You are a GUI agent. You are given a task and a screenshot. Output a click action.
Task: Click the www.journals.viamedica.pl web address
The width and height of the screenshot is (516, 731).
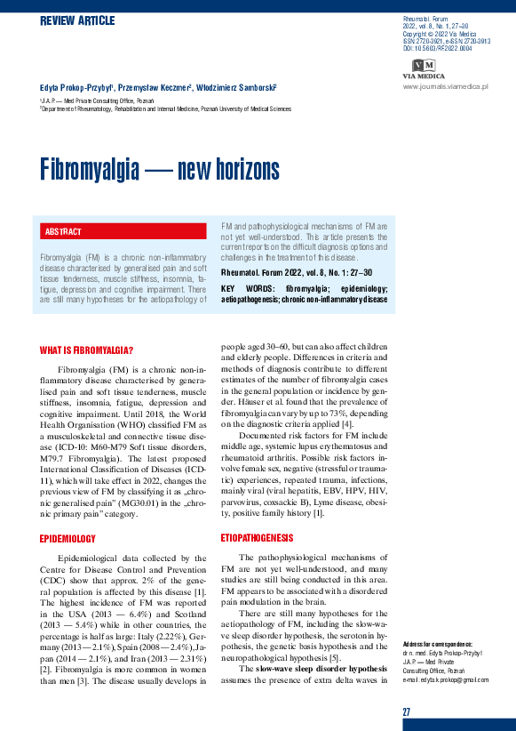(x=446, y=86)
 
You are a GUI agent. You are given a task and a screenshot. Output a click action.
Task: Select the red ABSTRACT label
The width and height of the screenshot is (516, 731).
(x=62, y=232)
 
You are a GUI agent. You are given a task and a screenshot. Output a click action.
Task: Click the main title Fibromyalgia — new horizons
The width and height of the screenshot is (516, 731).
(x=159, y=170)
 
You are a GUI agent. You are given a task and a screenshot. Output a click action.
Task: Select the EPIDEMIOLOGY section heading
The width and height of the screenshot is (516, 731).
(x=68, y=539)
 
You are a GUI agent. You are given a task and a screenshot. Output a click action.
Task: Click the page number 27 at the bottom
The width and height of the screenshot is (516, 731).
(x=406, y=712)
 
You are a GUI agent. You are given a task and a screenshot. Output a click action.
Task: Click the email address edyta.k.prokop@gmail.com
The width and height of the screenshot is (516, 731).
(x=445, y=679)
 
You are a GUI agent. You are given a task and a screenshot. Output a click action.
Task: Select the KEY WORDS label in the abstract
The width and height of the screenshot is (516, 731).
(x=240, y=289)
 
